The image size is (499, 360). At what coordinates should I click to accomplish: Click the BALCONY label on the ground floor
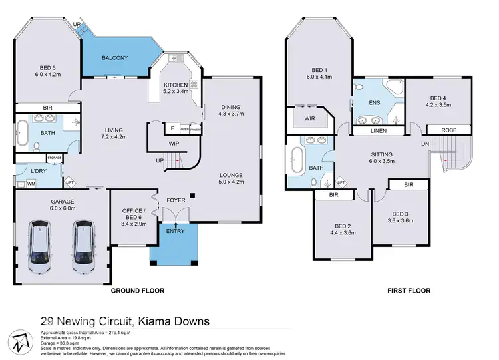[115, 58]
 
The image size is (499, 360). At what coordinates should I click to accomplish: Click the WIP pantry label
[173, 142]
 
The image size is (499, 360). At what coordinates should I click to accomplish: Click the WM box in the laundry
[31, 184]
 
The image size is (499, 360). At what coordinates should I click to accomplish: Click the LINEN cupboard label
[378, 131]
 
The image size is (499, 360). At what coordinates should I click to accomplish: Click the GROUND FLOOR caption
[138, 291]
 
